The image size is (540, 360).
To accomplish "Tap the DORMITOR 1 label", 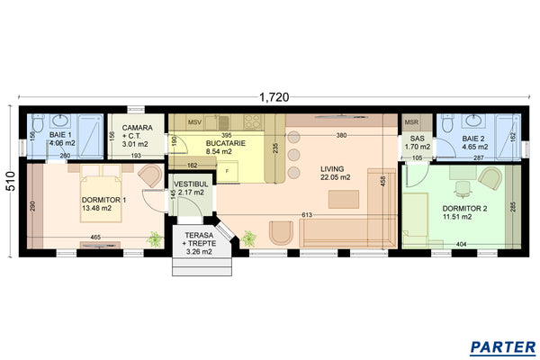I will (103, 200).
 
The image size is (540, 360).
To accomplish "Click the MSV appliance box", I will (194, 121).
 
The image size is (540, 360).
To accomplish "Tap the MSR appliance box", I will (412, 121).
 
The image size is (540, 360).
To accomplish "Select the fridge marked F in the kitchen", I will (229, 170).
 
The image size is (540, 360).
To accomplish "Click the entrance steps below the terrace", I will (200, 266).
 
